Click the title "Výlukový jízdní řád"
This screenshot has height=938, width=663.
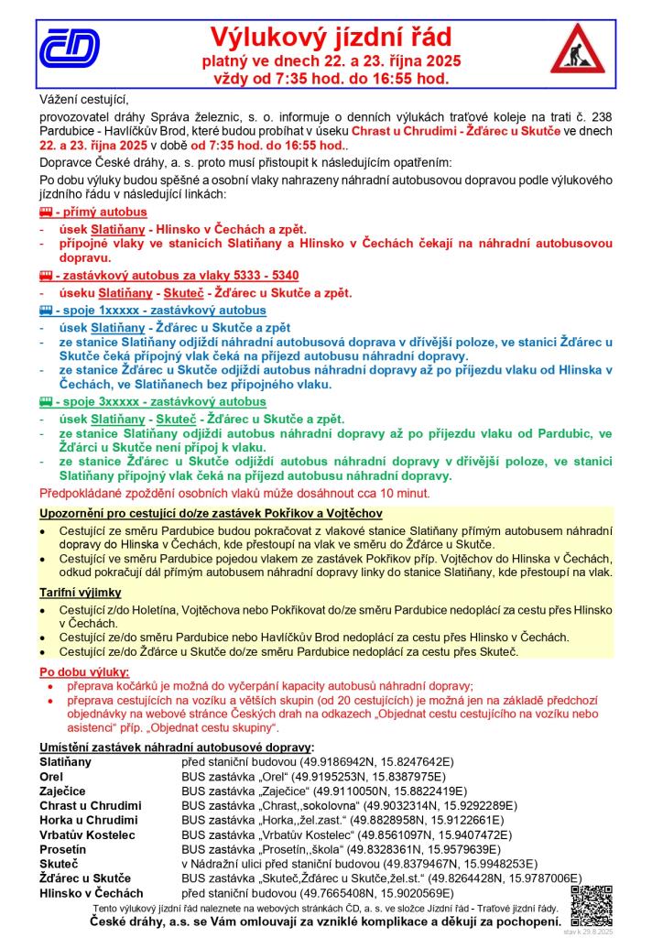331,38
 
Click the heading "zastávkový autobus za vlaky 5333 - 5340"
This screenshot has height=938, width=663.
176,276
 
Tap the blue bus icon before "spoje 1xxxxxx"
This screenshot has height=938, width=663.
45,311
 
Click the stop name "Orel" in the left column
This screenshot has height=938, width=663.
51,775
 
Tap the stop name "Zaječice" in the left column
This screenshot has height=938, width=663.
62,790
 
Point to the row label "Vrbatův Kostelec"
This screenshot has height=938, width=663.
87,834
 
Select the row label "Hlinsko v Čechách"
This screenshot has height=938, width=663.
92,893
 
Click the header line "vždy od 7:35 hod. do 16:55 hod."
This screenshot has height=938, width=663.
331,79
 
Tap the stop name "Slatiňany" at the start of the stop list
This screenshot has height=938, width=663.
66,761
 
